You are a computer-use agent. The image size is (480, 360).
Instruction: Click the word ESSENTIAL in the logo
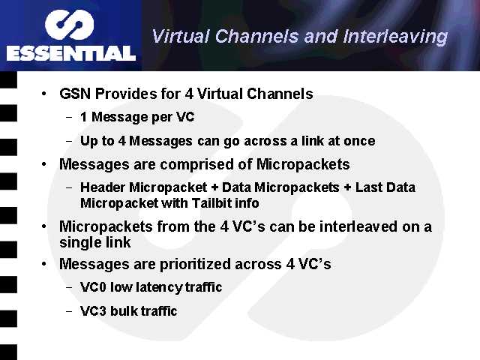(71, 53)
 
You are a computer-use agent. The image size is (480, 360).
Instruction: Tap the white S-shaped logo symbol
(70, 25)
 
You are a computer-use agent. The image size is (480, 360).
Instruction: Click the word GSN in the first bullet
(75, 94)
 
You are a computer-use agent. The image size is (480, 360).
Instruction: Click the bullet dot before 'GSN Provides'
(45, 95)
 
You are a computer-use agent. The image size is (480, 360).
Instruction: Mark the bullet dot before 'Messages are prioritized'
(45, 265)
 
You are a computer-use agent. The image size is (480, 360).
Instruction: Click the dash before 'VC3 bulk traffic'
(70, 310)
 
